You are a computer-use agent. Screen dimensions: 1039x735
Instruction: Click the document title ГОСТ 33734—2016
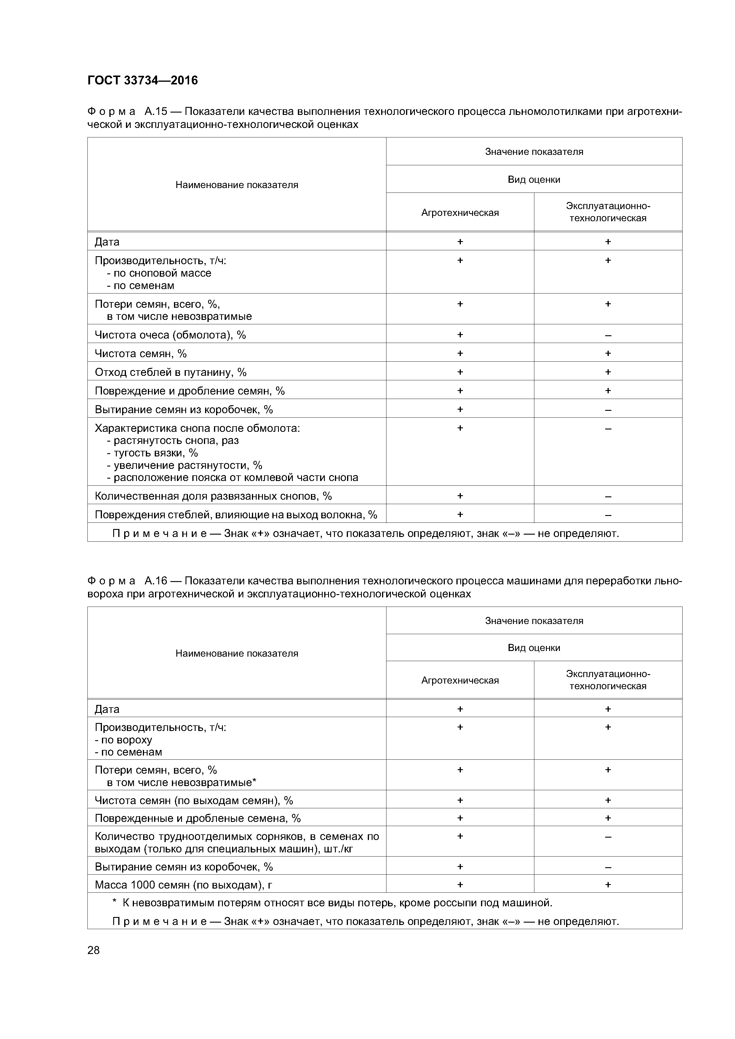point(142,81)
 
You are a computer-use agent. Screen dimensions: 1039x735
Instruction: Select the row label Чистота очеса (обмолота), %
point(170,335)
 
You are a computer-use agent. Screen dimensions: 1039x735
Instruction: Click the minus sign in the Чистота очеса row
point(608,335)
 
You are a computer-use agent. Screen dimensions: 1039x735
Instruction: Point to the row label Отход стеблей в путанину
point(170,372)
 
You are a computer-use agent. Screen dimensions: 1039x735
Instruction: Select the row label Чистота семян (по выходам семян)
point(194,801)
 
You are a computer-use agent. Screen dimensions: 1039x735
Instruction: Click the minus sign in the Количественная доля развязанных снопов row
point(608,496)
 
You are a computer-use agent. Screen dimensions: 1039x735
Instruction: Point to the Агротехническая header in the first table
point(460,213)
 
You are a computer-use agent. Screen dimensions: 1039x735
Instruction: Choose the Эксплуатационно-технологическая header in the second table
point(608,680)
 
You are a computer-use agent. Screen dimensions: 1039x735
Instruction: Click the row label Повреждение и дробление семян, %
point(189,391)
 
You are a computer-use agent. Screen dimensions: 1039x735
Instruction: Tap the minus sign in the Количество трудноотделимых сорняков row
point(608,837)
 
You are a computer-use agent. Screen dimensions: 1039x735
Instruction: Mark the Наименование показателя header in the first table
point(237,185)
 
